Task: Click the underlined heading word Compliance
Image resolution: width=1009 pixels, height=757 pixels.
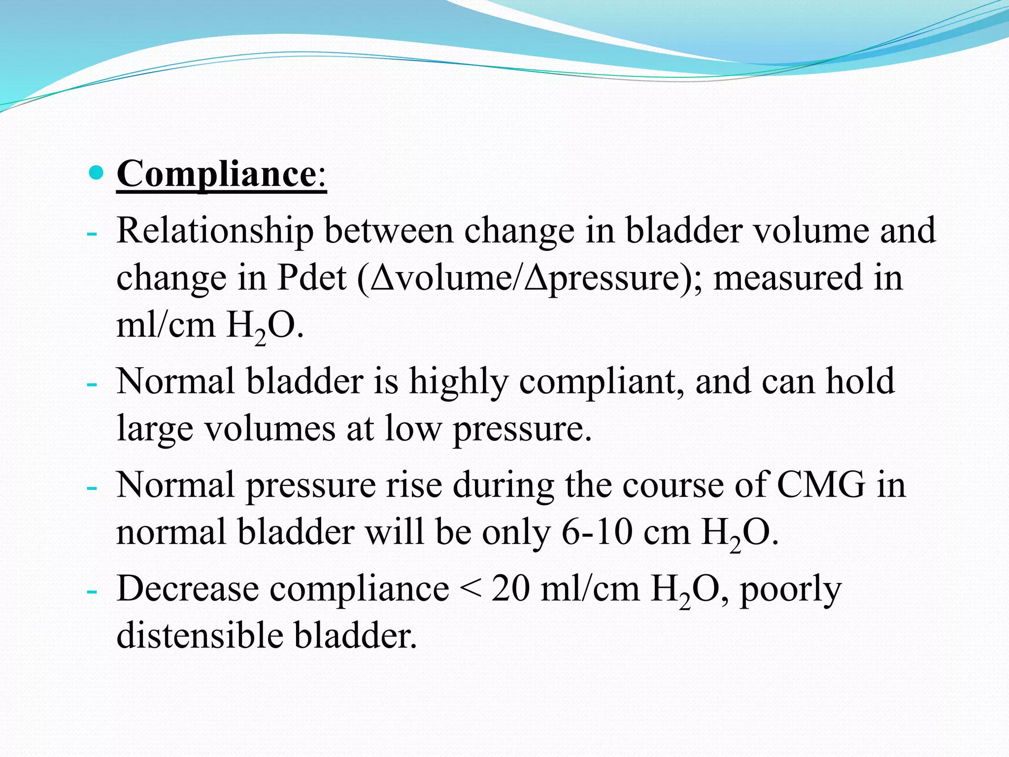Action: [216, 173]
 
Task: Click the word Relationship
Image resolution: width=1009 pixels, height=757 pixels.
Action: [215, 231]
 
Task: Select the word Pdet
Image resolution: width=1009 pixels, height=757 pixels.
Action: [312, 277]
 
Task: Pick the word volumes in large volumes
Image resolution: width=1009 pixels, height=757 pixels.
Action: [269, 428]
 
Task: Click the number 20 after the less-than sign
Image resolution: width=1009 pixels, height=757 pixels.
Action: [510, 588]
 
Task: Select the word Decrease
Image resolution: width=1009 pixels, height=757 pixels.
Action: [187, 588]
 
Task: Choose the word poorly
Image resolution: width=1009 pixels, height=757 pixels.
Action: [790, 589]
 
